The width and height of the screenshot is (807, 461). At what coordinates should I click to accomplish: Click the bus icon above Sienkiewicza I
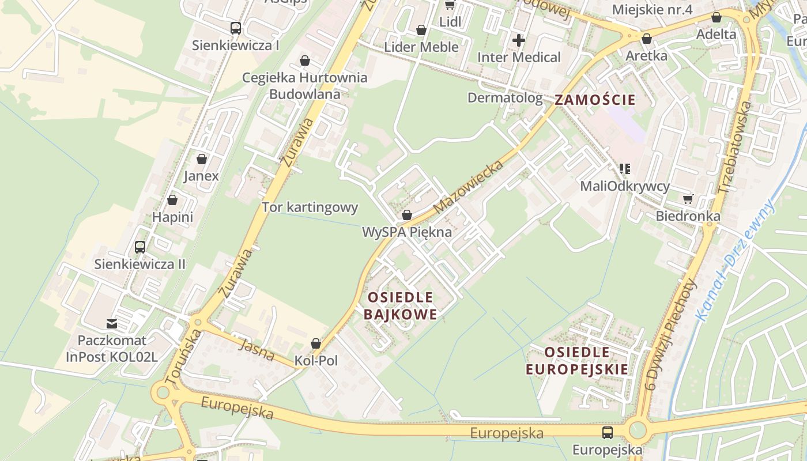coord(235,28)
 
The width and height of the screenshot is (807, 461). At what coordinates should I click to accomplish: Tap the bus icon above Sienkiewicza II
coord(139,247)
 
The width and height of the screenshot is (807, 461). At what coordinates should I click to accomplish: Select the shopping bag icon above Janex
coord(202,159)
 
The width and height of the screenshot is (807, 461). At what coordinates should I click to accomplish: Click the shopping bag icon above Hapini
coord(172,200)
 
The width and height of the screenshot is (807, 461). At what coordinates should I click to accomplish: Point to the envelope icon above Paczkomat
coord(111,324)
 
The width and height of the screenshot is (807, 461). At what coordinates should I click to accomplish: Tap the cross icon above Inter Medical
coord(519,40)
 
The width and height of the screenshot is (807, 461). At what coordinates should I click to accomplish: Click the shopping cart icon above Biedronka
coord(688,199)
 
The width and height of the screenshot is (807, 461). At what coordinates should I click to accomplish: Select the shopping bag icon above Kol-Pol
coord(316,343)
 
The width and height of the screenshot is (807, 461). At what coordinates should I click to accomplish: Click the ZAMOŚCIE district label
coord(595,100)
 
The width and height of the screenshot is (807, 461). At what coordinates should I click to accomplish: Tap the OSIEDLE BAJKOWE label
coord(401,305)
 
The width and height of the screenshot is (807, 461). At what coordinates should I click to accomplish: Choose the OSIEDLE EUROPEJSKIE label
coord(577,361)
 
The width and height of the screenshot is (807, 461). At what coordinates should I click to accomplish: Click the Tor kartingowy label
coord(310,207)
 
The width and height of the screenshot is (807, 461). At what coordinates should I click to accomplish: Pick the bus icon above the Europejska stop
coord(608,433)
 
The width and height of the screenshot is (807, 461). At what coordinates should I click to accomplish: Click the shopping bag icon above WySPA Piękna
coord(407,216)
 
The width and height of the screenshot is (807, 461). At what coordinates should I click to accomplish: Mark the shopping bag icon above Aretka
coord(647,39)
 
